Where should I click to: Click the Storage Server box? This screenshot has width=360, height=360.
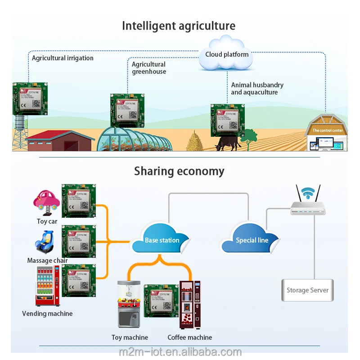pos(307,290)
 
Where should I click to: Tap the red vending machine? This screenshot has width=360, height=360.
pos(47,286)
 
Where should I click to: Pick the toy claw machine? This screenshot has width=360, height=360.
pos(129,304)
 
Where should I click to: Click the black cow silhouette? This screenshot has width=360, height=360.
pos(229,144)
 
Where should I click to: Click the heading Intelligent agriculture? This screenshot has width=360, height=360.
pos(179,26)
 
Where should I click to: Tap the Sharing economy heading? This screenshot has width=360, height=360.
pos(179,171)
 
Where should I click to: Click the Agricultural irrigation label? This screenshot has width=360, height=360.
pos(63,58)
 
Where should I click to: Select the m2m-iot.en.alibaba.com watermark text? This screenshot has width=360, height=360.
pos(180,352)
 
